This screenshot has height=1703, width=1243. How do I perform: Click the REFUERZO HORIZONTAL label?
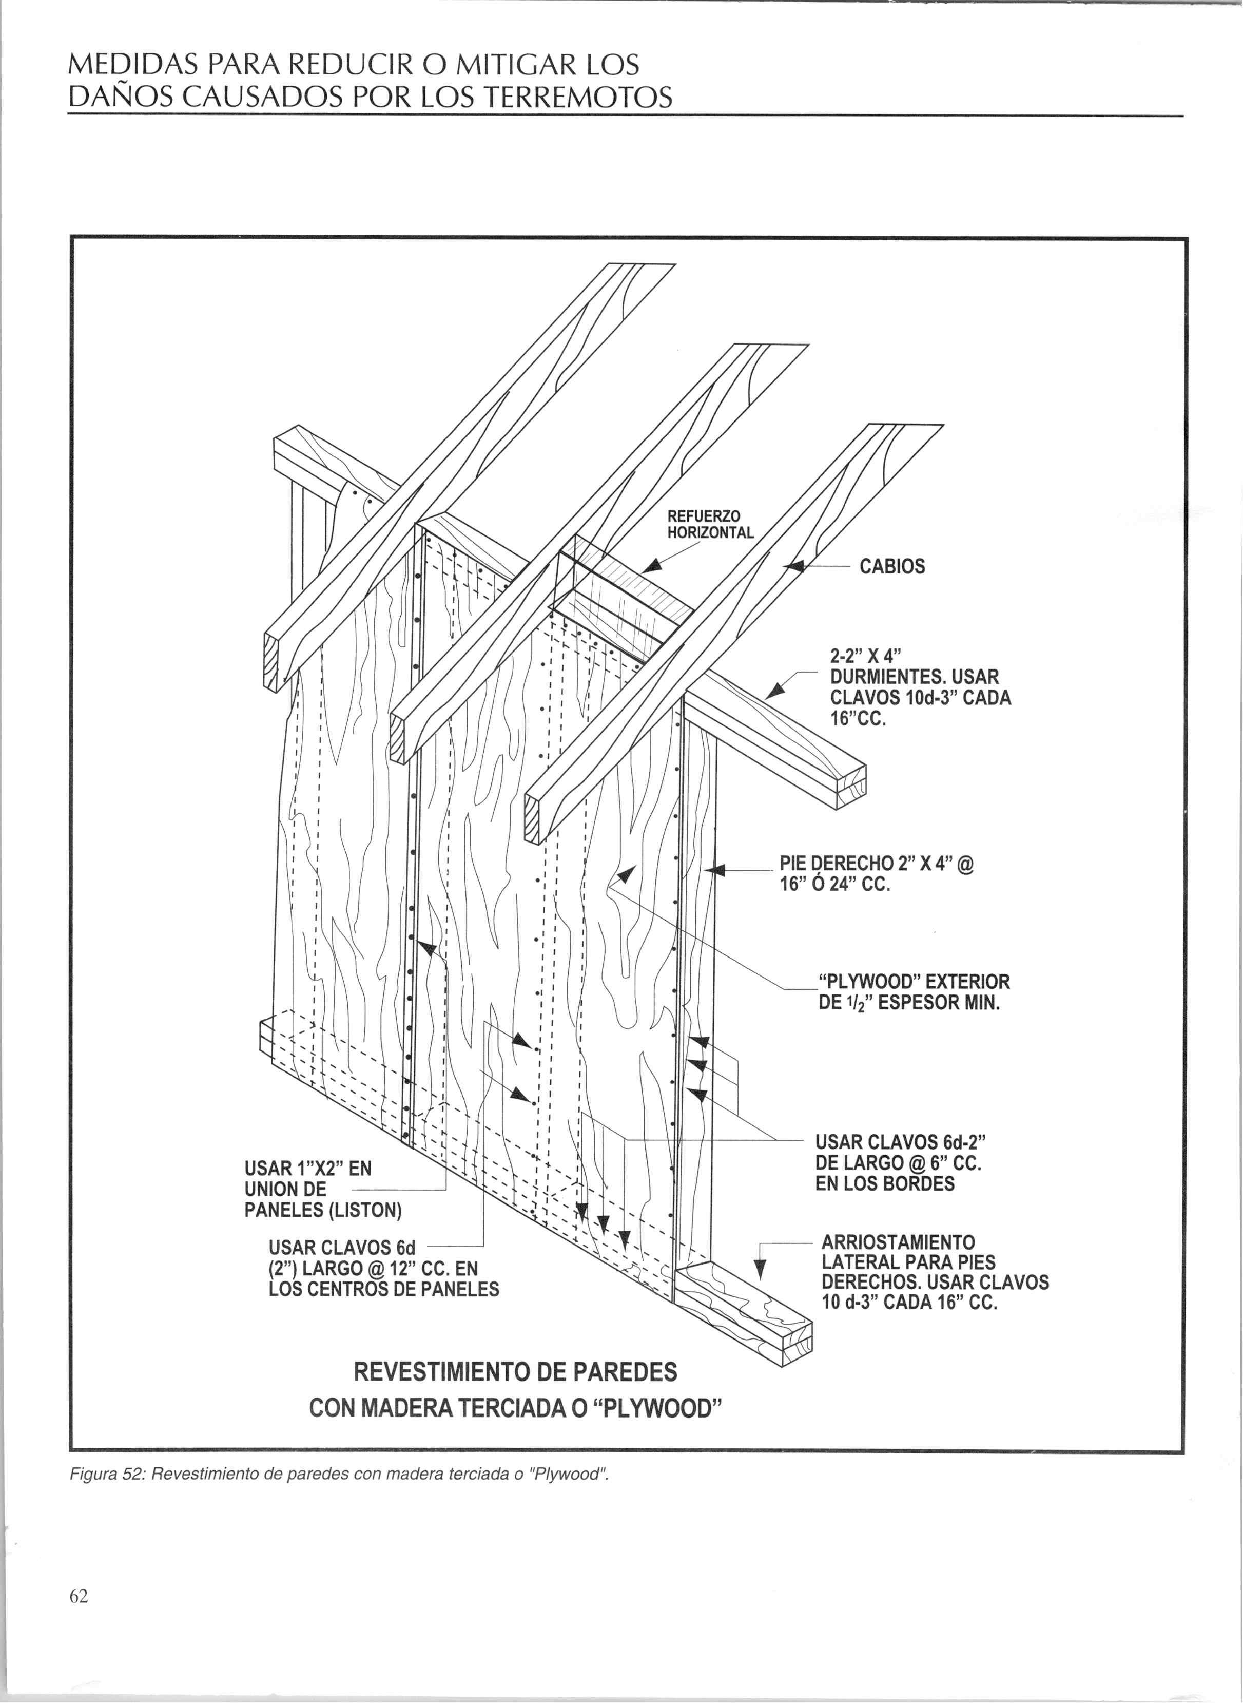710,525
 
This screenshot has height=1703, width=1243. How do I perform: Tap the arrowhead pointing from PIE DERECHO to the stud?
715,871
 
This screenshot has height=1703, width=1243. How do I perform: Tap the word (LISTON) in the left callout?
365,1210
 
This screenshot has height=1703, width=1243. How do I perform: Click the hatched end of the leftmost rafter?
270,661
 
